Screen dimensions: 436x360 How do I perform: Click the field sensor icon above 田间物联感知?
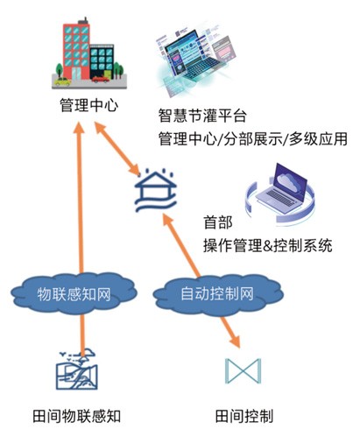point(78,368)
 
